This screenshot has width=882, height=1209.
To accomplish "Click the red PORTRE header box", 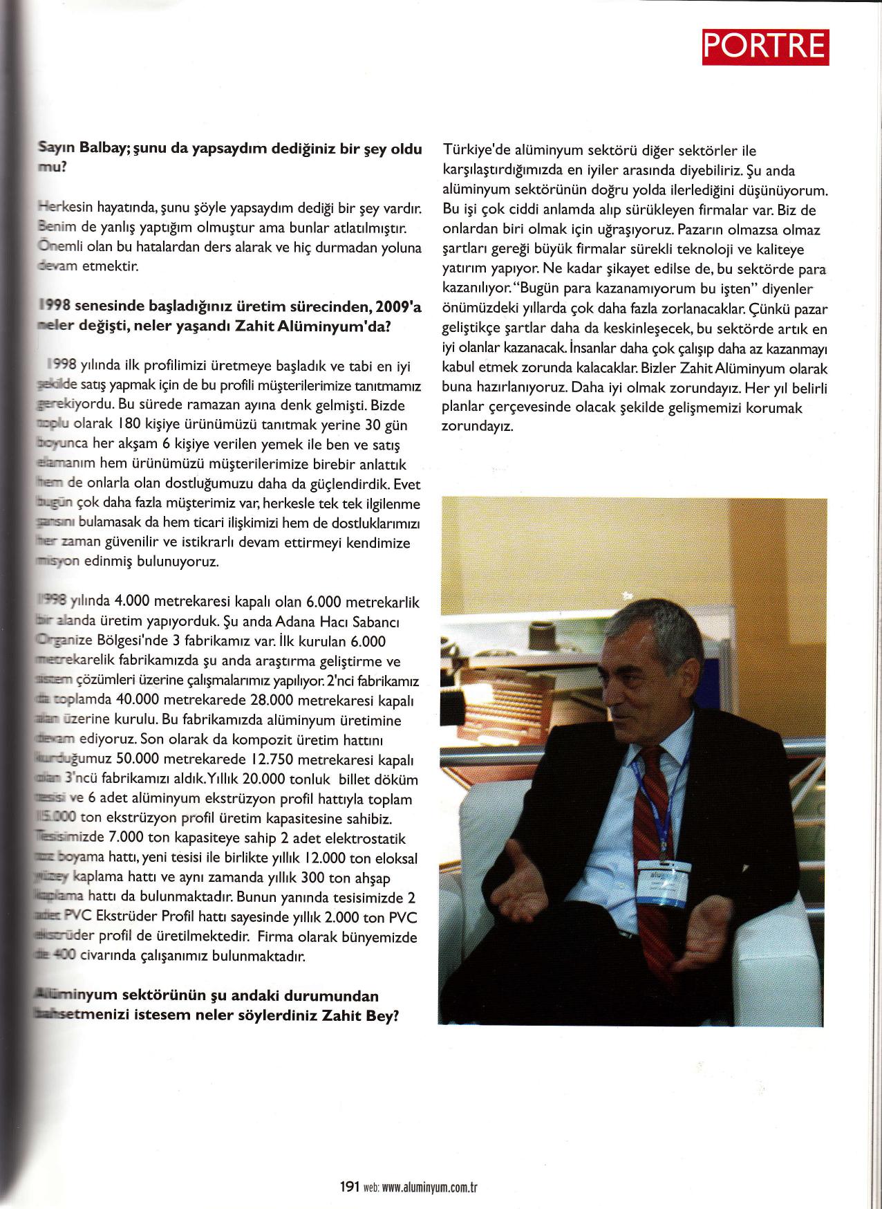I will tap(764, 46).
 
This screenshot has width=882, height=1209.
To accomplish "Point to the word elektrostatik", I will tap(374, 838).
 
